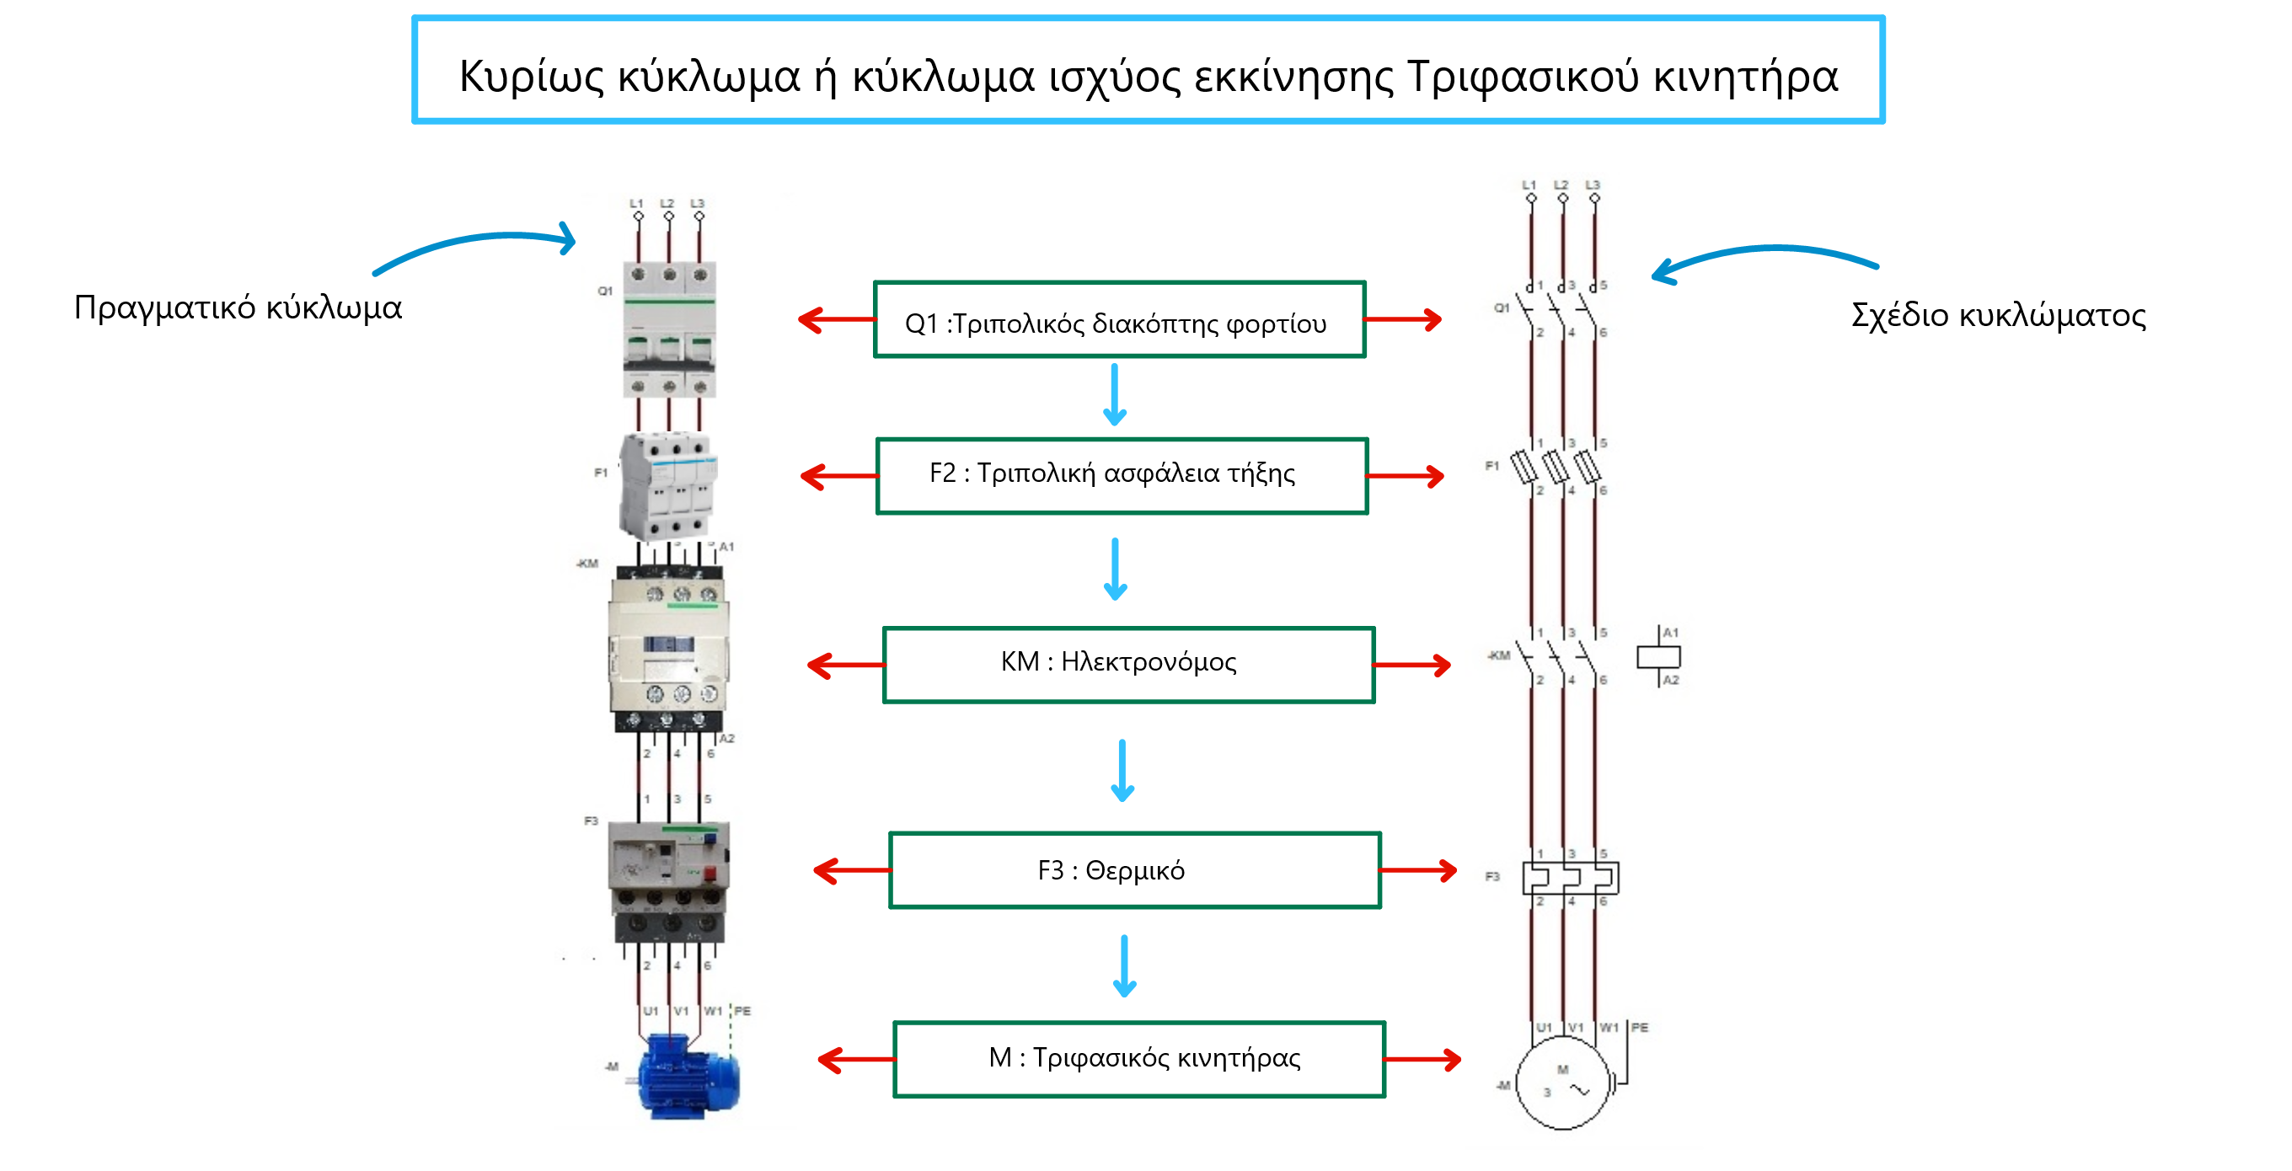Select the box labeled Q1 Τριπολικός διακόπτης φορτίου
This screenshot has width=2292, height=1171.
click(x=1118, y=320)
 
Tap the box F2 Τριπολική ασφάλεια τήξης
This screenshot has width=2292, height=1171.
click(x=1121, y=476)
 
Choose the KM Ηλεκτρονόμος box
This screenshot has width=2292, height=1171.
click(x=1127, y=665)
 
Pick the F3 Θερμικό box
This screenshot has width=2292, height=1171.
click(x=1133, y=870)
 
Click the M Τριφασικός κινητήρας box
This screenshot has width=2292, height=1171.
click(x=1139, y=1059)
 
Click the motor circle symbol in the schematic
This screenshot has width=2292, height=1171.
click(x=1562, y=1083)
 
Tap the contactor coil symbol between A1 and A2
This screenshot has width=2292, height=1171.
click(x=1658, y=656)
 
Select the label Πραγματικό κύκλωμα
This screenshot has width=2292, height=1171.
click(x=238, y=307)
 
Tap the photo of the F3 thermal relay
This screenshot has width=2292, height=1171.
click(x=669, y=880)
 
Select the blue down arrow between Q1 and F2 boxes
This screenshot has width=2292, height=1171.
click(x=1115, y=395)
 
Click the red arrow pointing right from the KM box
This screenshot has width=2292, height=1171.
click(x=1412, y=665)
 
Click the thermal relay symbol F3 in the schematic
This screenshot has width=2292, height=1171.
click(x=1571, y=877)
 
